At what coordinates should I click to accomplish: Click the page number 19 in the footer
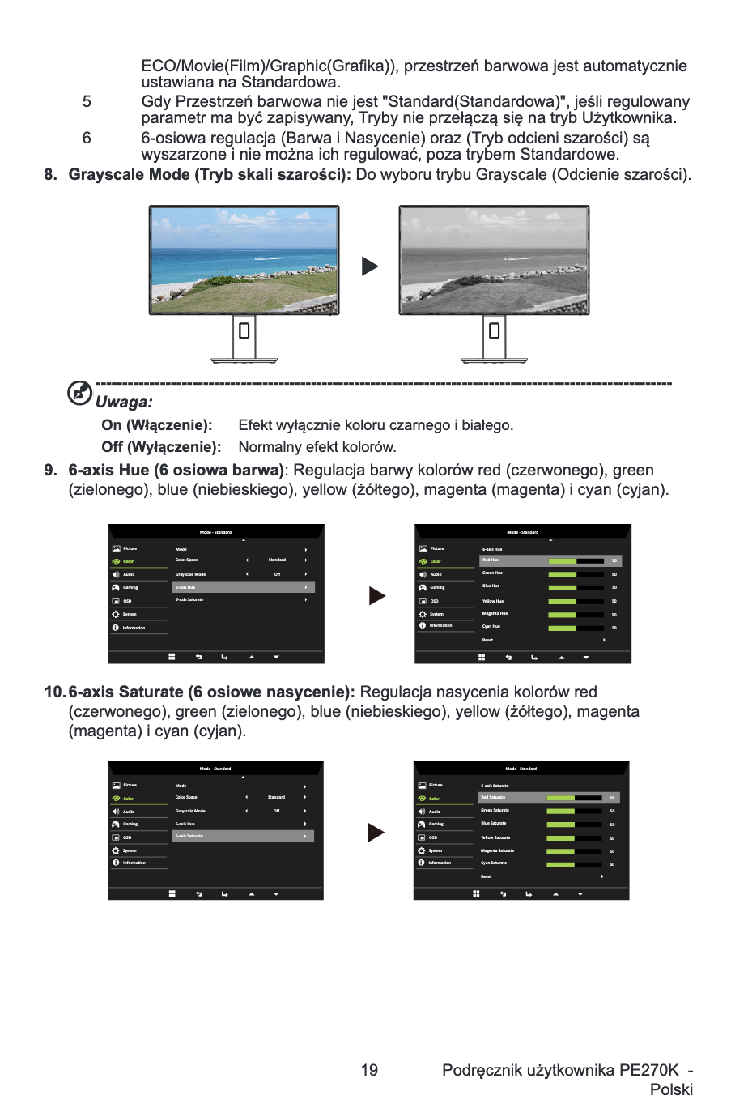(369, 1070)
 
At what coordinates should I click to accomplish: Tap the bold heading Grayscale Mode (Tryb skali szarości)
(210, 175)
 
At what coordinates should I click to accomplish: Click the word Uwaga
(124, 403)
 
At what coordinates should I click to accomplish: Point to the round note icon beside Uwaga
(79, 393)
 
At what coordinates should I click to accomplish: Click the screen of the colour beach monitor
(244, 259)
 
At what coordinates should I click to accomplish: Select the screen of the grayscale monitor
(494, 259)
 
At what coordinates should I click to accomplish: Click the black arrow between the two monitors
(370, 266)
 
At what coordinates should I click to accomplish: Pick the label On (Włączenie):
(157, 425)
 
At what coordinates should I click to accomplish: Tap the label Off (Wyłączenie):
(161, 447)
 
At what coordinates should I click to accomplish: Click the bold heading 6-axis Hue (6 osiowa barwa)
(176, 471)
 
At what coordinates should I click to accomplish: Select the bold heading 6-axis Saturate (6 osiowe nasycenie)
(211, 692)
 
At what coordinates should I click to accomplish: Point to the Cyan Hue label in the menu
(491, 626)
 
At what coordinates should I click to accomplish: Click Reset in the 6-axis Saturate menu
(486, 876)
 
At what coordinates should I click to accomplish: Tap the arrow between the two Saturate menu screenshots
(376, 833)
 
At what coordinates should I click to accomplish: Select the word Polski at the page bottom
(671, 1089)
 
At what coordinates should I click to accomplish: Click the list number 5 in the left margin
(87, 102)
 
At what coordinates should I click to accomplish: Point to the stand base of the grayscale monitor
(494, 360)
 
